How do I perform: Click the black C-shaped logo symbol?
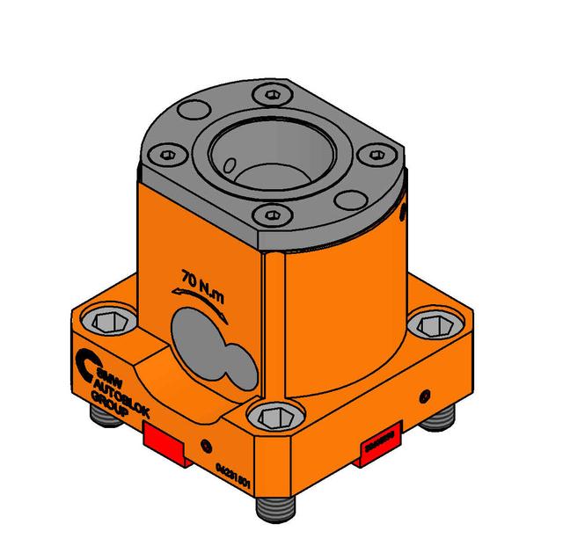[88, 361]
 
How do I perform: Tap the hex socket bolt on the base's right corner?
[433, 324]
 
